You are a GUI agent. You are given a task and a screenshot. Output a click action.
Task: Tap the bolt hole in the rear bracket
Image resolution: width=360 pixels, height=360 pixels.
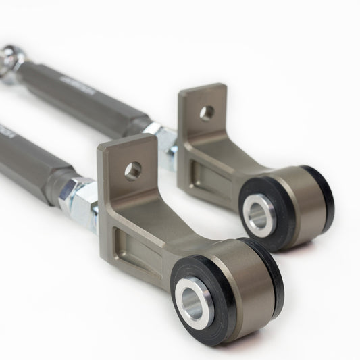(207, 113)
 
